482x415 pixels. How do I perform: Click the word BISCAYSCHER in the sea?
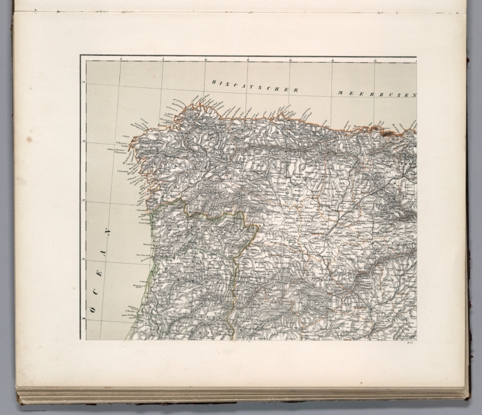(254, 86)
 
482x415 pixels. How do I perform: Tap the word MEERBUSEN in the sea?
(377, 94)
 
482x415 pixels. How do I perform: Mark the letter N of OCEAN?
(107, 232)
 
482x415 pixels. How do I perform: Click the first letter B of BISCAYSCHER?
(214, 82)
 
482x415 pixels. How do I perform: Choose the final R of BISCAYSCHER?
(295, 90)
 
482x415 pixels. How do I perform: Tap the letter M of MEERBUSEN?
(339, 92)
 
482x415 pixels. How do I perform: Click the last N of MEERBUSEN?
(414, 95)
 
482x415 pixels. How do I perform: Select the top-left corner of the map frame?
(80, 56)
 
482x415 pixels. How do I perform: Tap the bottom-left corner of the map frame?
(80, 340)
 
